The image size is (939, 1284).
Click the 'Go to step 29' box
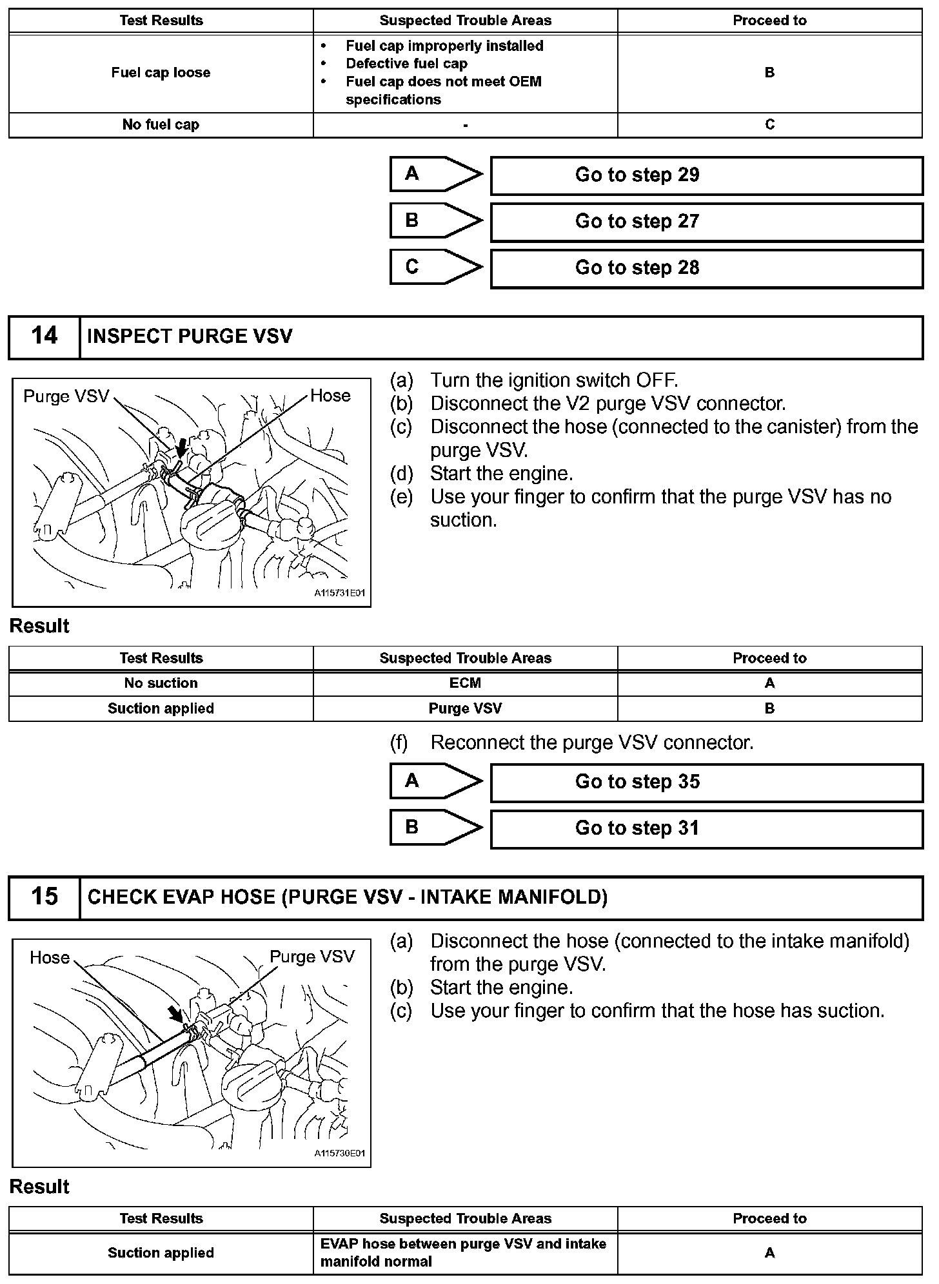pyautogui.click(x=706, y=175)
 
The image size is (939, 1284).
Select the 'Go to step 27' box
pyautogui.click(x=706, y=222)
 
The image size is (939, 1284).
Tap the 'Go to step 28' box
pyautogui.click(x=706, y=268)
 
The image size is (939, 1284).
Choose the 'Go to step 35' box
pyautogui.click(x=706, y=783)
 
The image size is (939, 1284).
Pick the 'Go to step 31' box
pyautogui.click(x=706, y=829)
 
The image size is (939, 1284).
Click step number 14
pyautogui.click(x=44, y=336)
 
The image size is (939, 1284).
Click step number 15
pyautogui.click(x=44, y=897)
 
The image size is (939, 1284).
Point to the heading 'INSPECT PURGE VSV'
pyautogui.click(x=190, y=336)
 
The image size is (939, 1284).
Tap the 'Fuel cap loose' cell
pyautogui.click(x=161, y=73)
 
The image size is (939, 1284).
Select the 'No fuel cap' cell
pyautogui.click(x=161, y=124)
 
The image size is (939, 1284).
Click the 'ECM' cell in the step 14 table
pyautogui.click(x=465, y=683)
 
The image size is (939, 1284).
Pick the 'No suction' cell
pyautogui.click(x=161, y=683)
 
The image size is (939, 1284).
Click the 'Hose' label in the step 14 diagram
pyautogui.click(x=330, y=396)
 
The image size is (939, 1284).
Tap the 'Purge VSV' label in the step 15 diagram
pyautogui.click(x=312, y=957)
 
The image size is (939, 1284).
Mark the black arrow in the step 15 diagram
pyautogui.click(x=175, y=1014)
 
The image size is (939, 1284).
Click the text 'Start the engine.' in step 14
pyautogui.click(x=501, y=474)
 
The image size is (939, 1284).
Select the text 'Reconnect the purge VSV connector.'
pyautogui.click(x=591, y=743)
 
